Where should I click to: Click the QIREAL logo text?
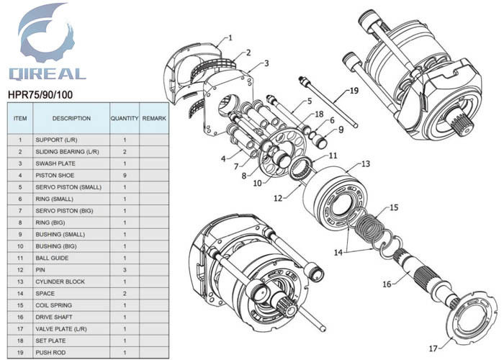tap(47, 73)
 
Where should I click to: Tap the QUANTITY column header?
tap(124, 118)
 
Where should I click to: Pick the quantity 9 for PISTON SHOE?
tap(124, 175)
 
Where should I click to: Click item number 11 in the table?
tap(20, 258)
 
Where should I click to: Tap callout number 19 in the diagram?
tap(353, 91)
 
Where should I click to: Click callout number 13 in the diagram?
tap(366, 164)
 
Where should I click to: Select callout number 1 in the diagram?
tap(230, 37)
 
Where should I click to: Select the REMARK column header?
tap(154, 118)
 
